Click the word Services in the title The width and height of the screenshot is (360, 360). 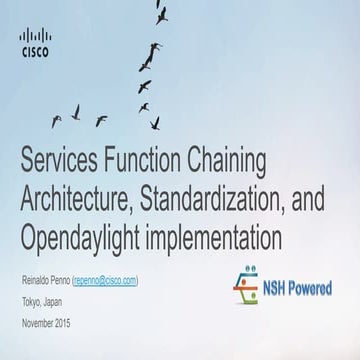click(71, 158)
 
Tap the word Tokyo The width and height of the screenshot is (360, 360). click(32, 303)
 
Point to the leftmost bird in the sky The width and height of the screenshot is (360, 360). click(56, 121)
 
